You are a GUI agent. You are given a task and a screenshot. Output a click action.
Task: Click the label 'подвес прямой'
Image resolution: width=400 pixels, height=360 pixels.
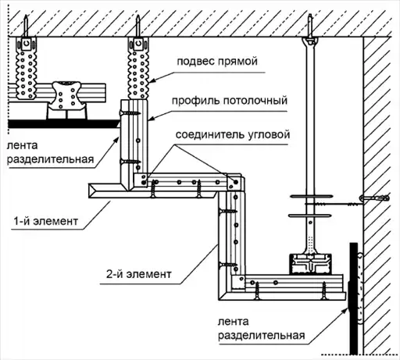(x=217, y=62)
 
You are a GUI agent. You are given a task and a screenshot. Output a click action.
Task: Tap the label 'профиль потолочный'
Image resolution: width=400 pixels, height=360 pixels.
(x=230, y=101)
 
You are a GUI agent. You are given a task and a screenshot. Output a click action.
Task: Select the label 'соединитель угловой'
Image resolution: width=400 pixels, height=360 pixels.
(x=233, y=134)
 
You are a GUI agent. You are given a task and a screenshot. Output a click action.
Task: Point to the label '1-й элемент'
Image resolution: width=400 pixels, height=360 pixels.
(x=46, y=221)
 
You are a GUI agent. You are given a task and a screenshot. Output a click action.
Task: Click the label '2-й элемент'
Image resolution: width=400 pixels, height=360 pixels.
(x=138, y=274)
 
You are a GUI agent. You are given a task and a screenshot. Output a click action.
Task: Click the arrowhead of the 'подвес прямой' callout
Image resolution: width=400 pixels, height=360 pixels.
(x=152, y=81)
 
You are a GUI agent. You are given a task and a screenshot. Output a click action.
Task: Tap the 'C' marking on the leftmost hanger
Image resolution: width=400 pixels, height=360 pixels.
(x=26, y=44)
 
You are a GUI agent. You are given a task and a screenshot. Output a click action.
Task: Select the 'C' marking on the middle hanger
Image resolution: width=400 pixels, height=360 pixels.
(x=138, y=44)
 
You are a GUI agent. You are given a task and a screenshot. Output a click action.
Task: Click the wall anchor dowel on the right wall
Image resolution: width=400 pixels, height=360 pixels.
(x=375, y=198)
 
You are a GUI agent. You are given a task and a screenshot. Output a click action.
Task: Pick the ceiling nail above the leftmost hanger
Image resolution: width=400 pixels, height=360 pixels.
(x=26, y=26)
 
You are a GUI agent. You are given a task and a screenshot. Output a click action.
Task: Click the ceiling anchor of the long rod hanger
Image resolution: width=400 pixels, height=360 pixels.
(x=310, y=29)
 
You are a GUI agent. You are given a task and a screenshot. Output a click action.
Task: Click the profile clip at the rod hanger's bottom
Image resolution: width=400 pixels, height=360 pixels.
(x=310, y=264)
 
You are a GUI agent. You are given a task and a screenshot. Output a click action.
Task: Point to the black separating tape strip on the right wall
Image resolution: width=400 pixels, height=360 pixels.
(x=353, y=298)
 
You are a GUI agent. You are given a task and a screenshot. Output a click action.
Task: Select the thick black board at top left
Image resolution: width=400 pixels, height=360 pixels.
(x=62, y=124)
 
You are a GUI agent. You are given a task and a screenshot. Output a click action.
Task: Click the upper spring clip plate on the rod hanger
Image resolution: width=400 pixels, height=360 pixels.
(x=312, y=196)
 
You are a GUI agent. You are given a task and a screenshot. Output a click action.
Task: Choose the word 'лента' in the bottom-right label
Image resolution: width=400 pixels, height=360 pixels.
(x=233, y=322)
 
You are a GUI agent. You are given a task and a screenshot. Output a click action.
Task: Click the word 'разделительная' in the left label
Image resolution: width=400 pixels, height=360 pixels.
(x=51, y=159)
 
